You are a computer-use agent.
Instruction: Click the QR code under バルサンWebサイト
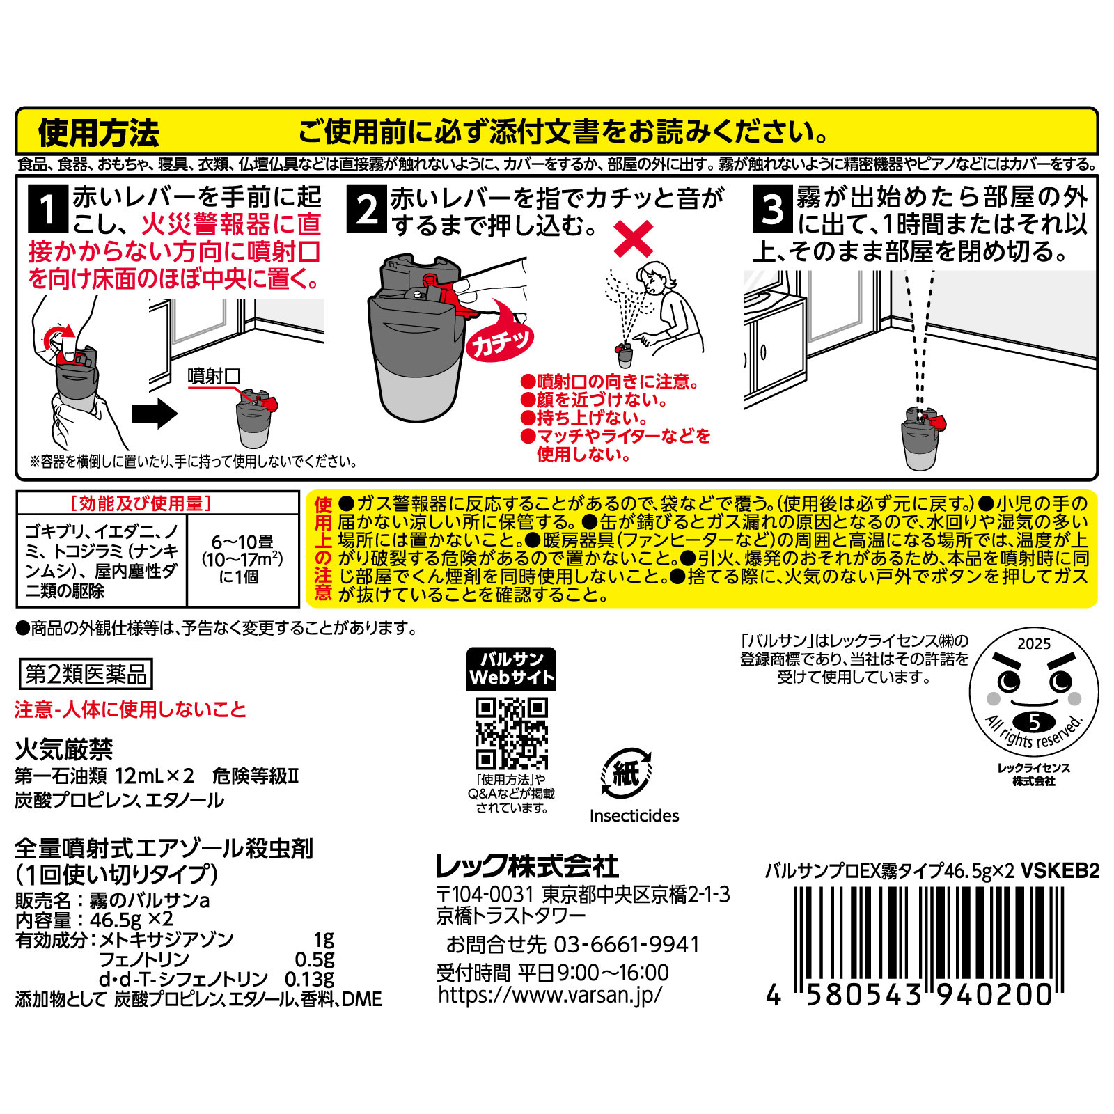(x=511, y=733)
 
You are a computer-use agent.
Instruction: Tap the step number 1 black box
(x=47, y=208)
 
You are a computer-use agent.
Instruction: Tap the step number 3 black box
(x=773, y=208)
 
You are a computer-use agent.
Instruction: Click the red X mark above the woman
(x=633, y=239)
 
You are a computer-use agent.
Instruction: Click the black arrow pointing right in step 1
(x=155, y=414)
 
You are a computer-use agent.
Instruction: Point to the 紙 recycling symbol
(x=625, y=774)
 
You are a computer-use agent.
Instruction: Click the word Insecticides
(x=634, y=816)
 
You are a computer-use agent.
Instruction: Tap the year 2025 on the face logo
(x=1033, y=643)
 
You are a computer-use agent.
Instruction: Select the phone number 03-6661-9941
(x=626, y=944)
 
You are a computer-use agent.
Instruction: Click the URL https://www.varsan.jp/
(x=550, y=994)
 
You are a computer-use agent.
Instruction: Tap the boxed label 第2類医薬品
(x=86, y=674)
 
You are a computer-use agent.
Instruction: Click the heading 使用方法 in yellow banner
(x=98, y=132)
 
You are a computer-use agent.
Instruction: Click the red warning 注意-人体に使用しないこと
(x=130, y=709)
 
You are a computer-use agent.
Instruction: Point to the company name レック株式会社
(x=527, y=866)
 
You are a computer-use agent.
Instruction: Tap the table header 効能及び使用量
(x=141, y=503)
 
